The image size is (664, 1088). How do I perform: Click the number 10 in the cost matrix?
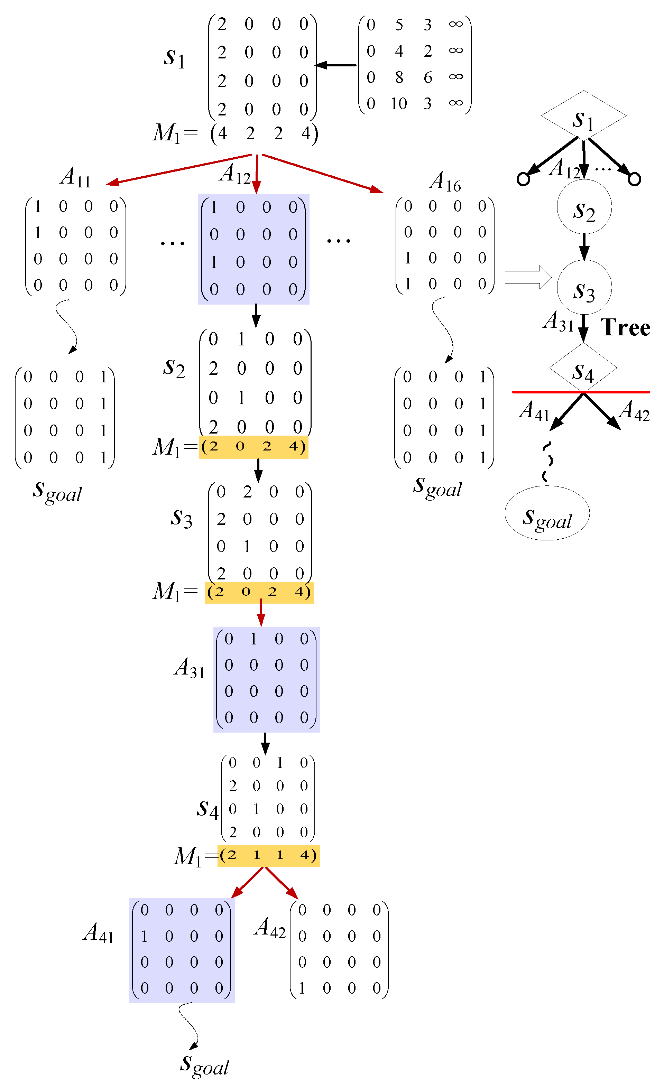[x=398, y=104]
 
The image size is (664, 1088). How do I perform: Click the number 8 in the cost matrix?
[x=399, y=78]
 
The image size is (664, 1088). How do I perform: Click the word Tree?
[x=625, y=328]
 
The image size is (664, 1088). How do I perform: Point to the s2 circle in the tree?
[x=584, y=207]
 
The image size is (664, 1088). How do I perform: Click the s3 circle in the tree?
[x=584, y=288]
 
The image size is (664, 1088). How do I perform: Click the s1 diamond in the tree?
[x=583, y=116]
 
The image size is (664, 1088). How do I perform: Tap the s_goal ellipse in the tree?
[x=547, y=513]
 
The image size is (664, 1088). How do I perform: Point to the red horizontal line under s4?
[x=581, y=392]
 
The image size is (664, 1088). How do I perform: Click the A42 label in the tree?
[x=634, y=411]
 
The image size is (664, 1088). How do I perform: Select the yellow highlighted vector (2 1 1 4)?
[x=268, y=855]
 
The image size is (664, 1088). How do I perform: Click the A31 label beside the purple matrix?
[x=190, y=668]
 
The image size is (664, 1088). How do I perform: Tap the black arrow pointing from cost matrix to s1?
[x=336, y=65]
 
